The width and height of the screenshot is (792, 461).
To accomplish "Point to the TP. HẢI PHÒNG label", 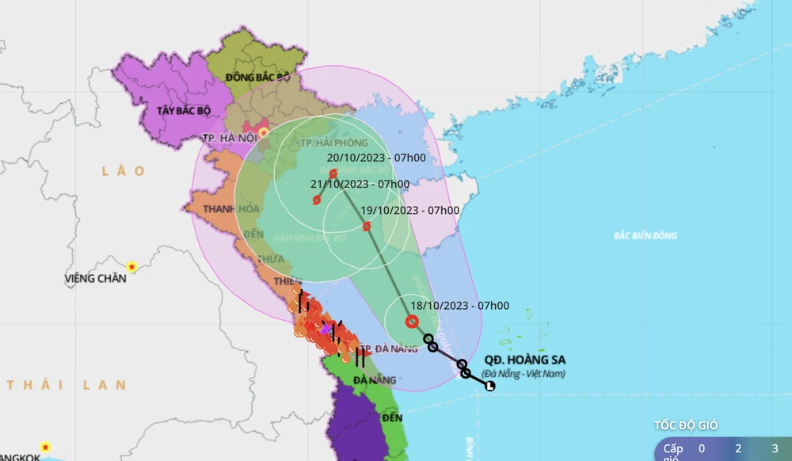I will click(334, 143).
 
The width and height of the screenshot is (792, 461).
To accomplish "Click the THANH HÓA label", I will click(210, 209).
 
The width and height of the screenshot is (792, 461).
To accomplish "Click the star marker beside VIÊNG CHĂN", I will click(132, 266).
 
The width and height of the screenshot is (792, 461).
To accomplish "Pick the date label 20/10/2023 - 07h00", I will click(377, 158).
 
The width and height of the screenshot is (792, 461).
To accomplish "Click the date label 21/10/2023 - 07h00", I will click(360, 185).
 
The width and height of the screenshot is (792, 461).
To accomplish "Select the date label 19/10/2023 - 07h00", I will click(409, 210).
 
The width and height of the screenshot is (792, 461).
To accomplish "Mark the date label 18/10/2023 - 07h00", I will click(459, 306).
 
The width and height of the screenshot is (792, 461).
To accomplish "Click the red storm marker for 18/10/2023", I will click(411, 322).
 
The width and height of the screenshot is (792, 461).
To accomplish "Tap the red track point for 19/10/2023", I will click(367, 227).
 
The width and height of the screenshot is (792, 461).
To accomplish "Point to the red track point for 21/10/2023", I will click(317, 200).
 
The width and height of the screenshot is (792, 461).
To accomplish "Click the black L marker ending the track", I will click(489, 387).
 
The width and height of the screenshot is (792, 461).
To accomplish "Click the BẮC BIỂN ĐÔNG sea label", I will click(645, 236).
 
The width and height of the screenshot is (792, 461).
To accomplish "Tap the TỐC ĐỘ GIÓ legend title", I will click(686, 425).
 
